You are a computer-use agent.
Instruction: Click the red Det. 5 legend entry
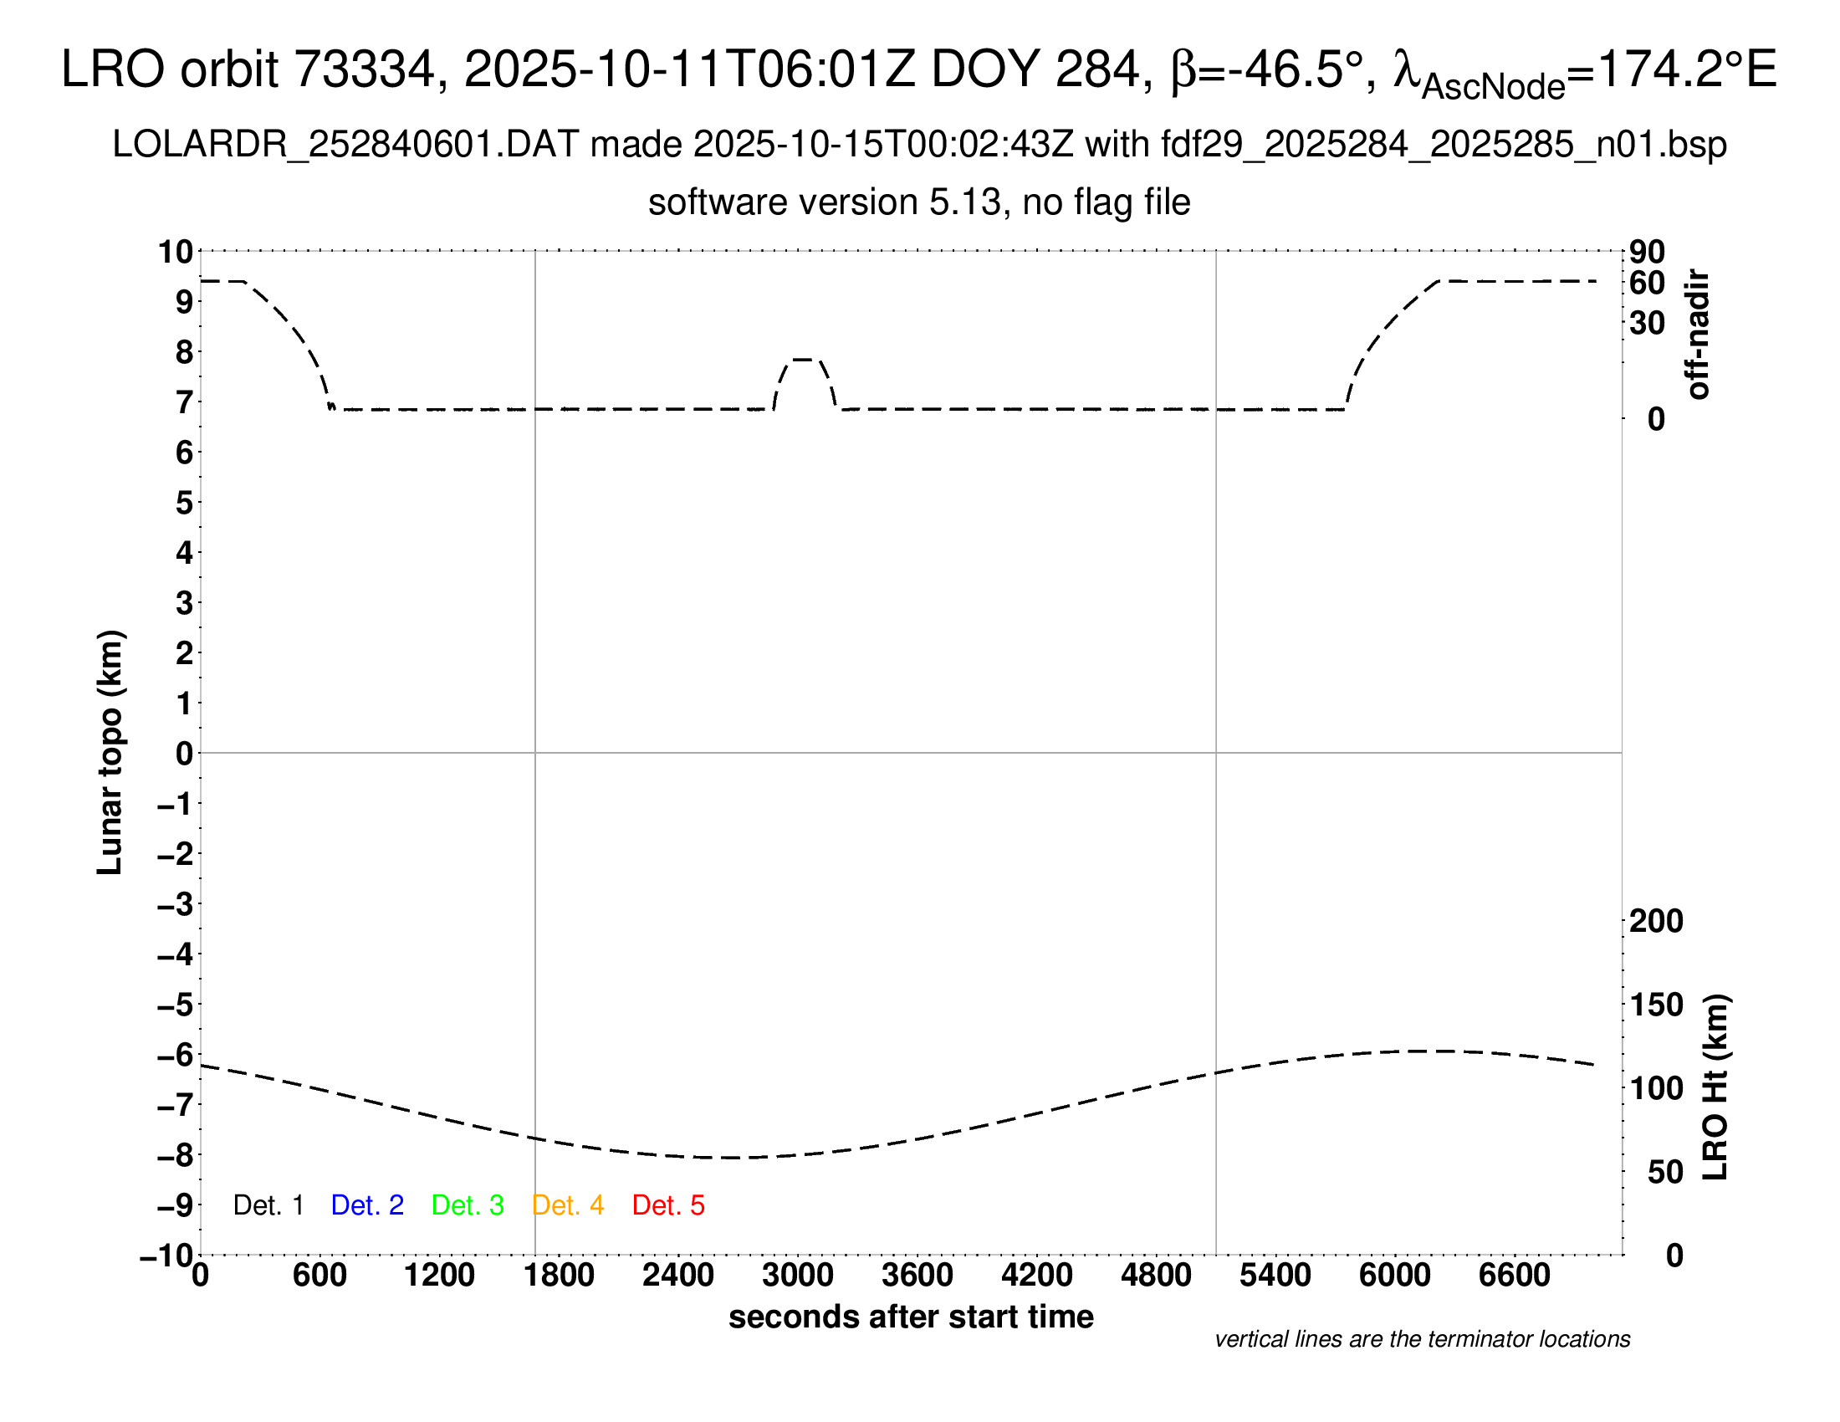[x=668, y=1205]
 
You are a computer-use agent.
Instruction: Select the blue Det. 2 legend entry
[x=367, y=1205]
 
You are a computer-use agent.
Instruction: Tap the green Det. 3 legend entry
[x=468, y=1205]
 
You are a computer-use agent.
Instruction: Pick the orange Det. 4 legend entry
[x=568, y=1205]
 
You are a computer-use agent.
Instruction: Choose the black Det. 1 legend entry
[x=268, y=1205]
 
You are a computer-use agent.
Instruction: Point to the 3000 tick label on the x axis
[x=797, y=1276]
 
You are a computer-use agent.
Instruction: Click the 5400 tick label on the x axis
[x=1275, y=1276]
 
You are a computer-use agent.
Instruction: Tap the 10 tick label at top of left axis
[x=176, y=252]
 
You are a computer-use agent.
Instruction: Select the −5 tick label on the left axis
[x=176, y=1005]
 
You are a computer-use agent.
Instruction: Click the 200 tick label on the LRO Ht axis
[x=1656, y=921]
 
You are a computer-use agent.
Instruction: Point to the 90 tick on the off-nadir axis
[x=1647, y=252]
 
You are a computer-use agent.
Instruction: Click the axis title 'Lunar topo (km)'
[x=110, y=752]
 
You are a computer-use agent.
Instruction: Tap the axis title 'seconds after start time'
[x=911, y=1317]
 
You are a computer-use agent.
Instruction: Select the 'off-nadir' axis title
[x=1698, y=335]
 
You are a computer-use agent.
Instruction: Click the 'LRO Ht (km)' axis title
[x=1715, y=1087]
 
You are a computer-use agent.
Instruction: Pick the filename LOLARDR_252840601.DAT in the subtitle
[x=345, y=145]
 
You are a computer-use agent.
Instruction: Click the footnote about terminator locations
[x=1422, y=1339]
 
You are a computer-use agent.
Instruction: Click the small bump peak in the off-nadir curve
[x=803, y=360]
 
